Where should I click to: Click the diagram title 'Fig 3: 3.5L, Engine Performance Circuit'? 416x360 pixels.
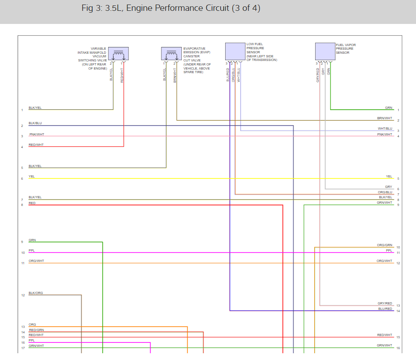coord(171,9)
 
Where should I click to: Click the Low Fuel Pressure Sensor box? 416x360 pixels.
coord(235,51)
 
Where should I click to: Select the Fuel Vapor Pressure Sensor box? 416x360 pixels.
coord(325,51)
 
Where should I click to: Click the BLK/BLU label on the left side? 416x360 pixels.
coord(35,123)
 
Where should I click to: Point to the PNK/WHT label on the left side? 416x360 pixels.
coord(37,134)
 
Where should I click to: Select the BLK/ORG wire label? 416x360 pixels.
coord(36,293)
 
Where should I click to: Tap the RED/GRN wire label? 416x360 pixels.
coord(36,330)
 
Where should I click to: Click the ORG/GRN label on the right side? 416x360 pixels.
coord(385,245)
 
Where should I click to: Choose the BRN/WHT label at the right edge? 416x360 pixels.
coord(385,118)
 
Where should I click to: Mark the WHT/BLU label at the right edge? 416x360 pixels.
coord(385,129)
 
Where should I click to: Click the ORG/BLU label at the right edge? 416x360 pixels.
coord(385,192)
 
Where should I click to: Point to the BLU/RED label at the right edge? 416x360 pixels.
coord(385,309)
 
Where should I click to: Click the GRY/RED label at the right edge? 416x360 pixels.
coord(385,304)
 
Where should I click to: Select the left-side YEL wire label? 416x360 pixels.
coord(32,176)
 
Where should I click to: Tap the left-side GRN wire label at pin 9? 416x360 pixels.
coord(32,240)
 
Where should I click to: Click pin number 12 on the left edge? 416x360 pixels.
coord(22,295)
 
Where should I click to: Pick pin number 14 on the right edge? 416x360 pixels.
coord(398,311)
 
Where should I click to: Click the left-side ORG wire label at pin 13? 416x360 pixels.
coord(32,325)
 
